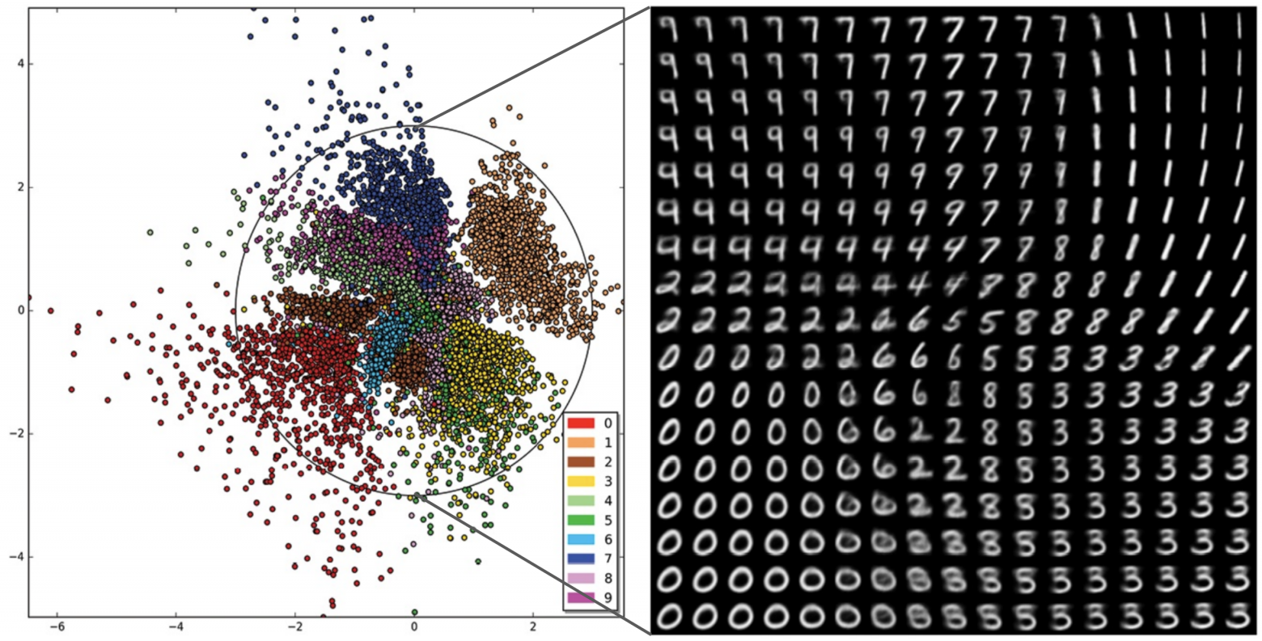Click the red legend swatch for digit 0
pos(582,423)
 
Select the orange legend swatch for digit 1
pos(582,442)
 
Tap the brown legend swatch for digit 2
pos(582,462)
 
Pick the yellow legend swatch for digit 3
pos(582,482)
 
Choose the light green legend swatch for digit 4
pos(582,501)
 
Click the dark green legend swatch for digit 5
pos(582,521)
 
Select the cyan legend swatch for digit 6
pos(582,540)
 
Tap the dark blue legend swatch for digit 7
pos(582,559)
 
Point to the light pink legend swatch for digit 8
pos(582,579)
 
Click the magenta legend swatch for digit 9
pos(582,598)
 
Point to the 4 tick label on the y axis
pos(19,64)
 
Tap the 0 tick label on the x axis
pos(414,628)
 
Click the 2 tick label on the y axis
pos(19,188)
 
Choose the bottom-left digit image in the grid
pos(668,617)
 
